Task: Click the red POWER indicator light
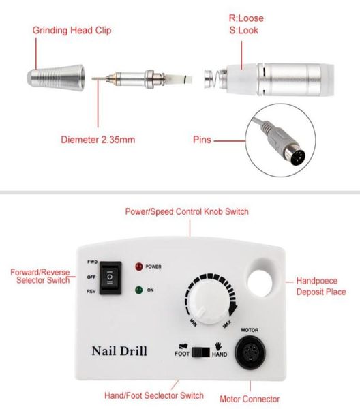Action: click(139, 267)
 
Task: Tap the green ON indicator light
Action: click(139, 290)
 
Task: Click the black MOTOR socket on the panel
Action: click(250, 352)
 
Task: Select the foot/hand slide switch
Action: click(201, 352)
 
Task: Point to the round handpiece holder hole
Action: click(260, 284)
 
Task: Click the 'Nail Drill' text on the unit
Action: click(119, 351)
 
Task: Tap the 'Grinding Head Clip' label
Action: click(72, 30)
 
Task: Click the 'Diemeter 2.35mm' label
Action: click(98, 140)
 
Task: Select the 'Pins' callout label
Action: click(202, 140)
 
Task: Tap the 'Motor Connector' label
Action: click(250, 399)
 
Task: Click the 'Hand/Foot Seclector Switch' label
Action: click(154, 395)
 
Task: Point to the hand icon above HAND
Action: click(218, 346)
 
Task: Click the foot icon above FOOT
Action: click(183, 346)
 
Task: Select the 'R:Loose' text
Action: click(246, 18)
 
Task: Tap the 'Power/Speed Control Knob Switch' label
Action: click(187, 211)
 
